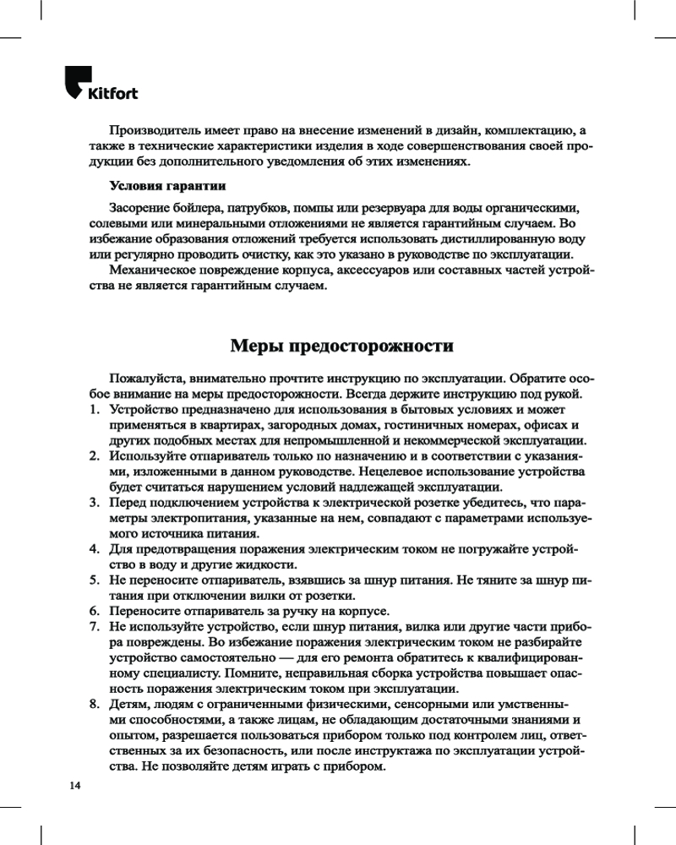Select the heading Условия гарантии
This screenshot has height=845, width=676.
167,185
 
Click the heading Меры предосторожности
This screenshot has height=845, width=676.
341,346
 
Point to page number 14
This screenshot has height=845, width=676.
75,786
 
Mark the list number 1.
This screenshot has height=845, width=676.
94,410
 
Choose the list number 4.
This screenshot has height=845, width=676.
94,550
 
